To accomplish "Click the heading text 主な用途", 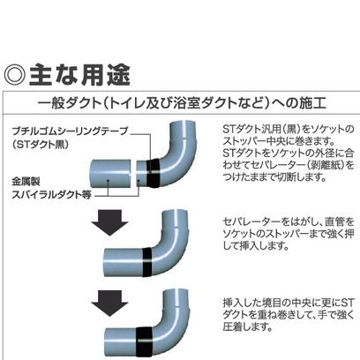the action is (x=79, y=75).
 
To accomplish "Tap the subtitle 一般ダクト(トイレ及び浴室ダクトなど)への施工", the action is (x=182, y=103).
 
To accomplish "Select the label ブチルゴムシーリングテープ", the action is (x=70, y=131).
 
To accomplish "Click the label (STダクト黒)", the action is (x=41, y=145).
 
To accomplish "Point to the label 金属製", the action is (x=26, y=181).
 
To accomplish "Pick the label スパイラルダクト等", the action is (x=51, y=195).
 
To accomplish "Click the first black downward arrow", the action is (x=109, y=222).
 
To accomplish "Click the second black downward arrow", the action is (x=109, y=304).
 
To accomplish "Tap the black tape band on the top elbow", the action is (x=153, y=173).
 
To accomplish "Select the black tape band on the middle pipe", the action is (x=147, y=262).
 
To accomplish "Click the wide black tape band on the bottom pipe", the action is (x=144, y=342).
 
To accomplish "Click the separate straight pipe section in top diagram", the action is (x=110, y=174).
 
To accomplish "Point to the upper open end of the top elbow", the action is (x=183, y=123).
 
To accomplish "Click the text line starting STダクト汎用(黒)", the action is (x=289, y=129).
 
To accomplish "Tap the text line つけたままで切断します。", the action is (x=274, y=177).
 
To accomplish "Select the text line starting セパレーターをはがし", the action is (x=289, y=221).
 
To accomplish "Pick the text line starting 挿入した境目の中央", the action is (x=289, y=302).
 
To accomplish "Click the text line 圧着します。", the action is (x=247, y=326).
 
